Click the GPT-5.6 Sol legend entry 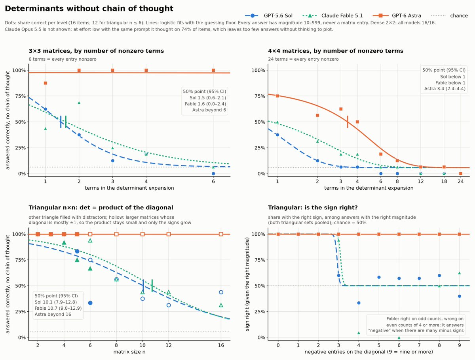click(268, 15)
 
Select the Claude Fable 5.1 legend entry click(332, 15)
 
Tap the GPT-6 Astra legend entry click(397, 15)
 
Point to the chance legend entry click(449, 15)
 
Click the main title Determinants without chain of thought click(89, 8)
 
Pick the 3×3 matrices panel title click(96, 51)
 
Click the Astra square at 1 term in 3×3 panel click(46, 83)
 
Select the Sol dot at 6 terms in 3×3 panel click(213, 173)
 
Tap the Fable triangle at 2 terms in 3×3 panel click(79, 103)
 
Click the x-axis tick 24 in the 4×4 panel click(461, 181)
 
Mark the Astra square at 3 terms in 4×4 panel click(341, 109)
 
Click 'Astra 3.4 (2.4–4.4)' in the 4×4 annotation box click(445, 89)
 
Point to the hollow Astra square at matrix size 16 click(221, 234)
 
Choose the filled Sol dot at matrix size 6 click(90, 303)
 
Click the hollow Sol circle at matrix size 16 click(221, 292)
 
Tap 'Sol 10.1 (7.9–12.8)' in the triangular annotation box click(56, 302)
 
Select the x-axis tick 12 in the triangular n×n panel click(169, 345)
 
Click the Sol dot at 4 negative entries click(359, 303)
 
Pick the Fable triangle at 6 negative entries click(399, 338)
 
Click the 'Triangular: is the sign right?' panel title click(313, 208)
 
